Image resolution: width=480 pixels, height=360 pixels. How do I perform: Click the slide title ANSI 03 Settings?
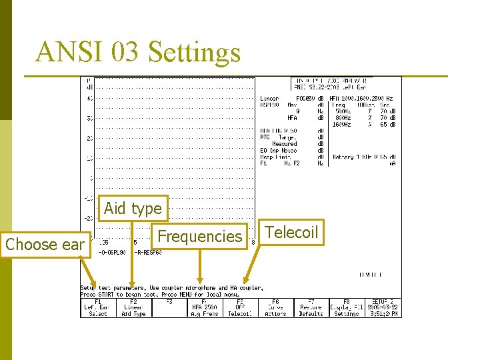point(138,52)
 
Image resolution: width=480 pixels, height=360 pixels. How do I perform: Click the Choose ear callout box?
point(45,244)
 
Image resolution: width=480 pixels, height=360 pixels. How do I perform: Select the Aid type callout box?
point(132,208)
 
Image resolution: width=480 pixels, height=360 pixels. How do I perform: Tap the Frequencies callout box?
point(199,236)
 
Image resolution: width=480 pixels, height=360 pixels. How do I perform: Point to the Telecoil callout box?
point(291,232)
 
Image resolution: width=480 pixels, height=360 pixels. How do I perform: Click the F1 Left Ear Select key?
point(97,307)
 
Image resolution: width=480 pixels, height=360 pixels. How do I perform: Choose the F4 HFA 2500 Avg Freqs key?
point(204,307)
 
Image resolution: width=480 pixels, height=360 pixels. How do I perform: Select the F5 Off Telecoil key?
point(240,307)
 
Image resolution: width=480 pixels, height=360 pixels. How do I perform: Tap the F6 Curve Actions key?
point(275,307)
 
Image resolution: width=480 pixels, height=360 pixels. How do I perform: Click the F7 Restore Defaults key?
point(311,307)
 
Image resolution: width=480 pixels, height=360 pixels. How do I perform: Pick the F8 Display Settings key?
point(346,307)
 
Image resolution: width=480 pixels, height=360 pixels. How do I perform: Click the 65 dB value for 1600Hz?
point(387,124)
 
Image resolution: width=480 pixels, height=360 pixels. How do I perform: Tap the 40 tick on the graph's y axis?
point(89,99)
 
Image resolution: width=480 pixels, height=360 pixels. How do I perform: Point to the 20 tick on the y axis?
point(89,139)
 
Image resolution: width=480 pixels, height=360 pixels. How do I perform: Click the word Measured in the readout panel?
point(284,143)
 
